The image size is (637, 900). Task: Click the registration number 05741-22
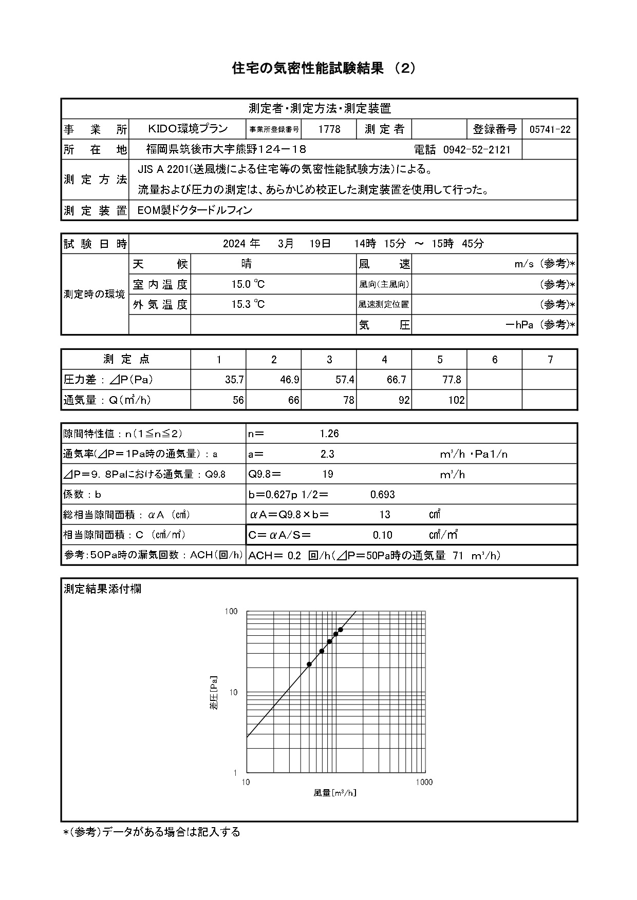pos(550,129)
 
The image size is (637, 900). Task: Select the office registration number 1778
pos(329,129)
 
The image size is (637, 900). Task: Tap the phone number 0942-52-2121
pos(477,149)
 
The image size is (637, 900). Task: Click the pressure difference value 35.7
pos(234,380)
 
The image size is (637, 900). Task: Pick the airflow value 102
pos(456,400)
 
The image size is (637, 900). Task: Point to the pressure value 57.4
pos(345,380)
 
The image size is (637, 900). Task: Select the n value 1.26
pos(329,434)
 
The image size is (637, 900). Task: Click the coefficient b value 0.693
pos(383,495)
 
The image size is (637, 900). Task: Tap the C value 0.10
pos(383,535)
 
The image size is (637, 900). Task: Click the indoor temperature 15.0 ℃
pos(248,284)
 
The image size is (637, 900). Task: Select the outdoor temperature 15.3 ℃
pos(248,304)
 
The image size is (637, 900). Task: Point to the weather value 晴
pos(247,264)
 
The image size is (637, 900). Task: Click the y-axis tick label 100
pos(231,611)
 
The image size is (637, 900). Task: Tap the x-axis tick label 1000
pos(424,782)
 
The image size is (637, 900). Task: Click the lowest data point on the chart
pos(309,664)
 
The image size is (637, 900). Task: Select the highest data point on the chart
pos(341,630)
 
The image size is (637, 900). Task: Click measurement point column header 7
pos(550,359)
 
